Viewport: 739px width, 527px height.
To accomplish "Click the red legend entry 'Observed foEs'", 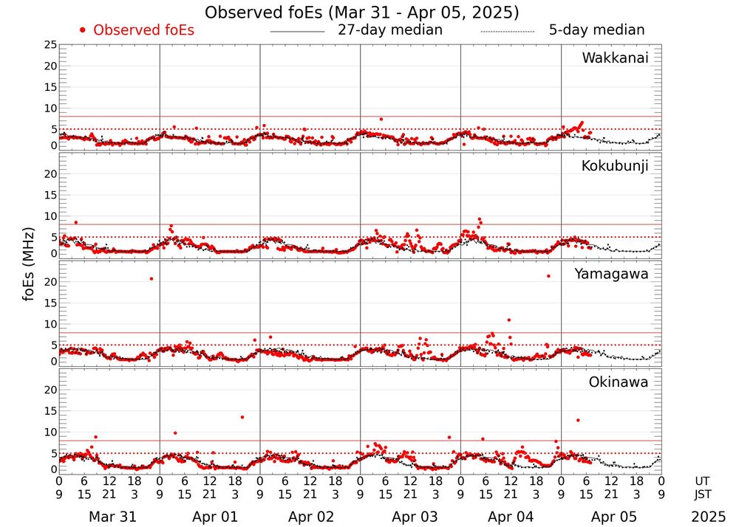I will tap(142, 30).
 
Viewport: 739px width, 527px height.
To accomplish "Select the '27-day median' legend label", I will tap(389, 30).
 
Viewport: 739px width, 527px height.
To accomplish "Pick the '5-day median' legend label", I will tap(596, 30).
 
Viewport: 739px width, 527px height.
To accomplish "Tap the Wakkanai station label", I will tap(615, 58).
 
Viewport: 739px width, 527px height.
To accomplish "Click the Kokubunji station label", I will tap(615, 166).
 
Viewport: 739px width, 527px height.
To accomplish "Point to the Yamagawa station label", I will tap(611, 274).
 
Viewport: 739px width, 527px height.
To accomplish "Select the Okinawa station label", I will tap(618, 382).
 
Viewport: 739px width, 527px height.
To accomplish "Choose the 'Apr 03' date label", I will tap(410, 517).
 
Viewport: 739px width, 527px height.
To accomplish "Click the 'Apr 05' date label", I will tap(611, 517).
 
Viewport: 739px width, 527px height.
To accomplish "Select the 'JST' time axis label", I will tap(704, 494).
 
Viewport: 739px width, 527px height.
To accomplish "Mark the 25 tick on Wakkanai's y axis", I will tap(50, 45).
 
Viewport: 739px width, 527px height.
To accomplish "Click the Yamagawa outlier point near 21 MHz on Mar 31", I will tap(151, 278).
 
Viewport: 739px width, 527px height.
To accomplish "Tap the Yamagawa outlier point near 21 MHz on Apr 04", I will tap(548, 276).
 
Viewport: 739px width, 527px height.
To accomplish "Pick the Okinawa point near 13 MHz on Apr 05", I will tap(577, 420).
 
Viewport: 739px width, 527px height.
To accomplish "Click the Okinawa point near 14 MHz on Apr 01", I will tap(242, 417).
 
